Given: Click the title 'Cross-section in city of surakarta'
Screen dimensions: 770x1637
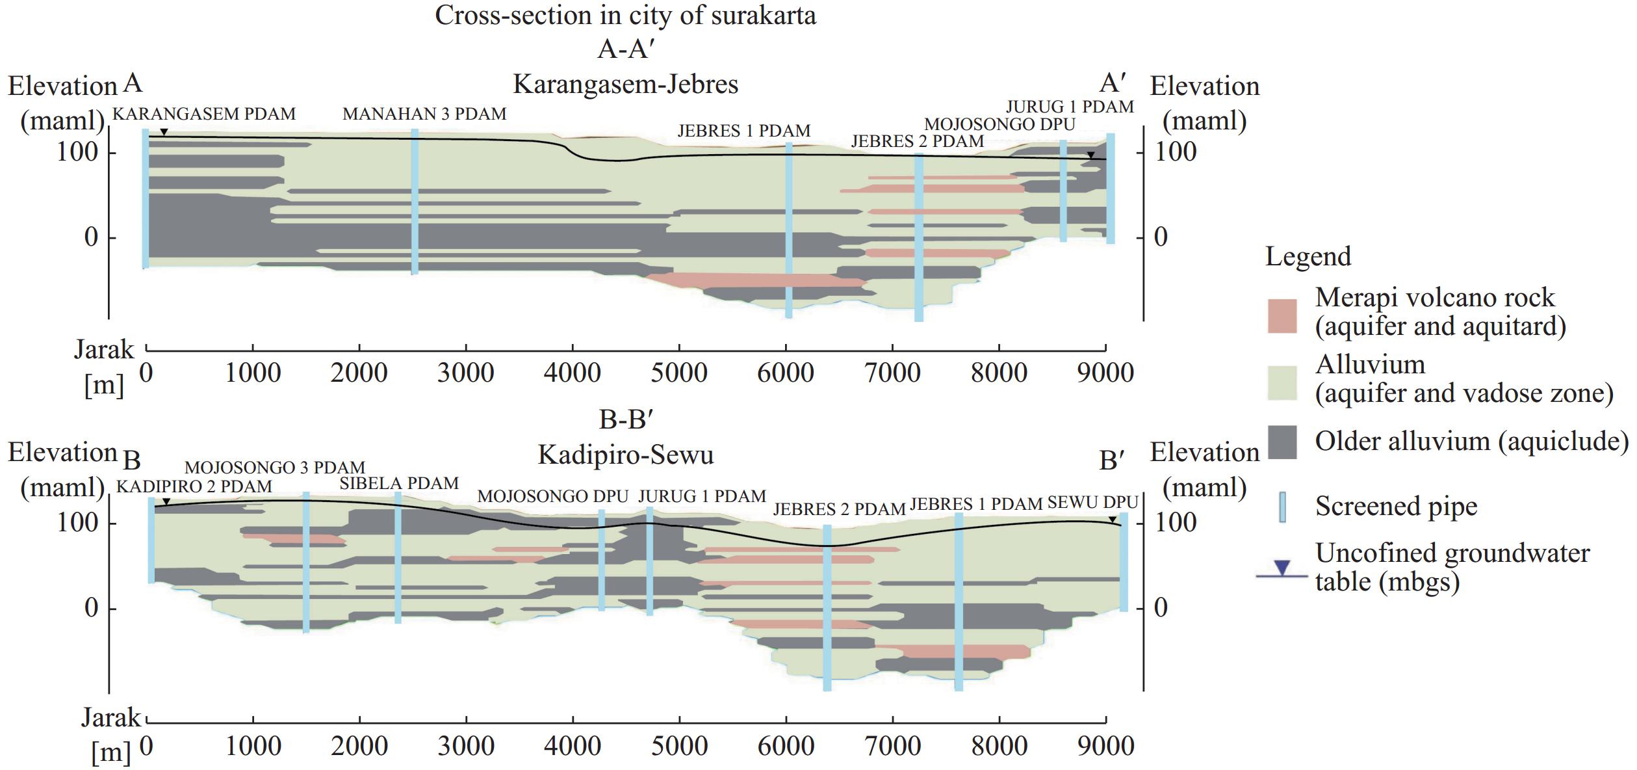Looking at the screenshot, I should (625, 16).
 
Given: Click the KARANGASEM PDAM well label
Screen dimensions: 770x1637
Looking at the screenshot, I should (204, 114).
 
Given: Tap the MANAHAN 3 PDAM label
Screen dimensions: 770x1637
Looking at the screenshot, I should (424, 114).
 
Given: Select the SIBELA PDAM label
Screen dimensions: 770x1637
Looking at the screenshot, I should (399, 483).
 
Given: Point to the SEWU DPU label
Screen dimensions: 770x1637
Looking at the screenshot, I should (1092, 503).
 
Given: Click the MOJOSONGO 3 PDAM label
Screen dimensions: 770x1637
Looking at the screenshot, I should (275, 468).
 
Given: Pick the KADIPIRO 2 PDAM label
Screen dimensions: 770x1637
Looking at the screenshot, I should (194, 486).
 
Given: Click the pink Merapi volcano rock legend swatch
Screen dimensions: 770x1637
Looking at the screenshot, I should (1282, 316).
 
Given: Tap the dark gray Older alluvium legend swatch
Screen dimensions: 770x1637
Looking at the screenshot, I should (1282, 443).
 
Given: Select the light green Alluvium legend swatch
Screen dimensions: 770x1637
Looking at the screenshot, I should (1282, 382).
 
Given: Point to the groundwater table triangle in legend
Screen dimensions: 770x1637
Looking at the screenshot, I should (1281, 568).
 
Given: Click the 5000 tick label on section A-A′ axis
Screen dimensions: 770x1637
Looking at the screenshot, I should (679, 373).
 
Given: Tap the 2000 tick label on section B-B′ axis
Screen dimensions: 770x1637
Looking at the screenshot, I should (359, 745).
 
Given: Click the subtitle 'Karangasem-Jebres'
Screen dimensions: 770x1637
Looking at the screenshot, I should (625, 85).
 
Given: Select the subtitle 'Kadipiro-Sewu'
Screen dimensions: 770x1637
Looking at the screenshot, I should (625, 455).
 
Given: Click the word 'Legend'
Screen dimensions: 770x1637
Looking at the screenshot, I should (1308, 257).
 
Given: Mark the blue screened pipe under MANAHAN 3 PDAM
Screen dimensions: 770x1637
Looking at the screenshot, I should (415, 202).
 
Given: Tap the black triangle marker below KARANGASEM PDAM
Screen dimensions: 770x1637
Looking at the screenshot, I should (164, 133).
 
